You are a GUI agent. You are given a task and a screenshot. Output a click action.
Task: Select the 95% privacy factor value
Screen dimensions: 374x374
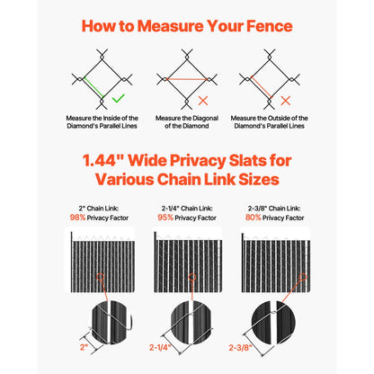(x=165, y=217)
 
